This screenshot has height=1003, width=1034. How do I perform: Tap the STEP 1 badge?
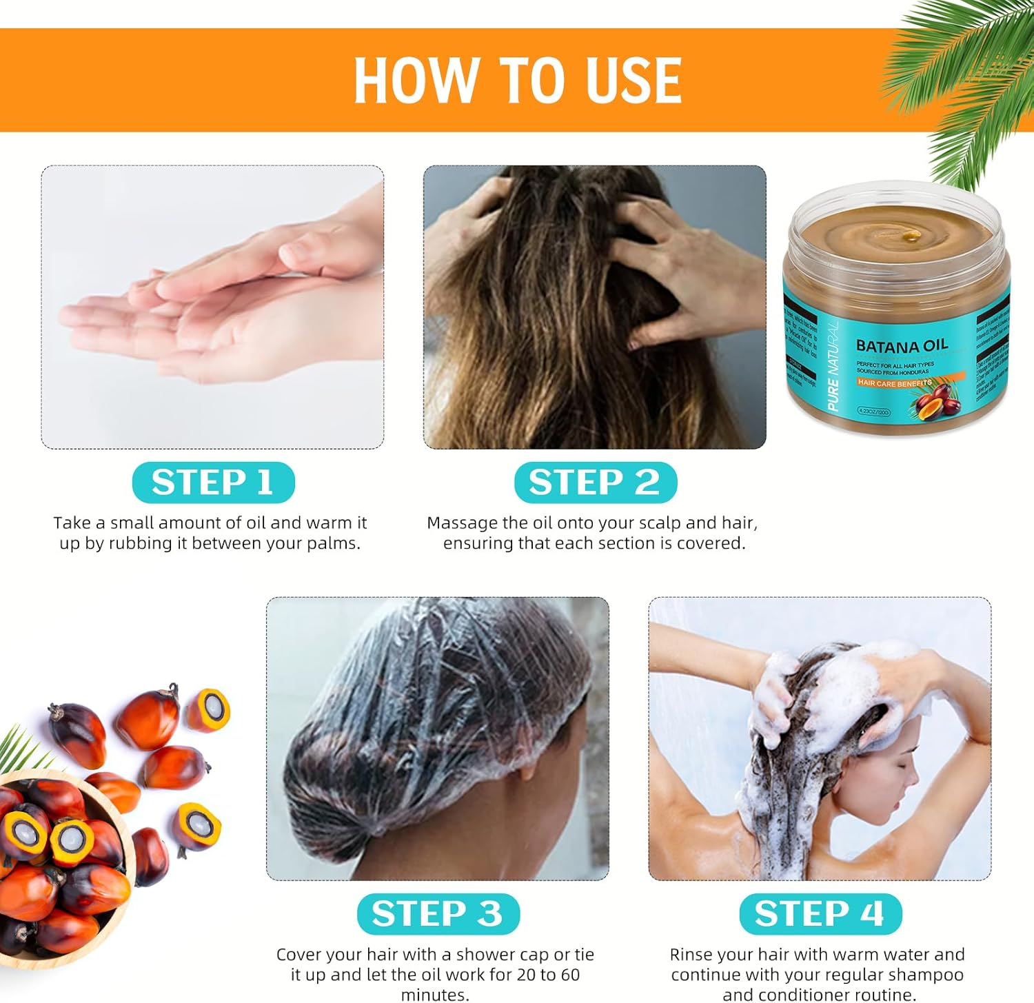213,482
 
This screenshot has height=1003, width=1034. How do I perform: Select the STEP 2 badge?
595,482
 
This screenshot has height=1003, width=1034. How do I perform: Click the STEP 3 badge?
438,913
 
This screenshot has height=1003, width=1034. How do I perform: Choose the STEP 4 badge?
820,913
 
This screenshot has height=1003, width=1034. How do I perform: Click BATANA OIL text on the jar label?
902,345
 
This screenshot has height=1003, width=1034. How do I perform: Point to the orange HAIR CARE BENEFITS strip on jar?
895,383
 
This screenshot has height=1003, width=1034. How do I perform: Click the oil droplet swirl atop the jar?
911,236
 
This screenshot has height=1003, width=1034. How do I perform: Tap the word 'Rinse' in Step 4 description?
692,955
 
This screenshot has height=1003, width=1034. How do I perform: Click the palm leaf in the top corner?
965,76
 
